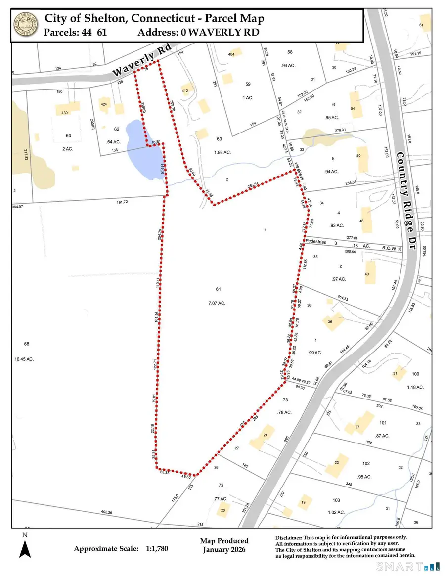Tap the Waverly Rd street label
pos(135,63)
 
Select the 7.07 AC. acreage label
pos(216,303)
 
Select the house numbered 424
pos(104,104)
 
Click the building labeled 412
pos(185,91)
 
